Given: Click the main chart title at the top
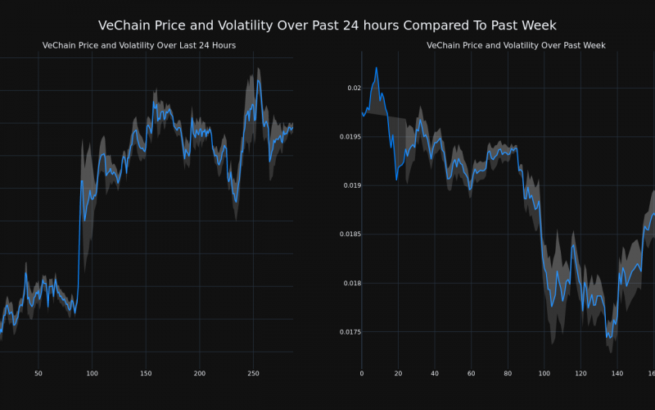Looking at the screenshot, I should (327, 25).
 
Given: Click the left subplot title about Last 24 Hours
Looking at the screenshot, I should (139, 45).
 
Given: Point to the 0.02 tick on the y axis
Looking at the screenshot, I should (353, 88).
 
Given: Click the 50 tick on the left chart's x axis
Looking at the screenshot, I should (38, 373).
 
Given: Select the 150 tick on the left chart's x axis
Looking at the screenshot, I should (146, 373).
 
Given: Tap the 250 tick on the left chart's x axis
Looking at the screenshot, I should (253, 373).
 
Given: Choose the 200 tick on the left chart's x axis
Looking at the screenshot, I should (200, 373).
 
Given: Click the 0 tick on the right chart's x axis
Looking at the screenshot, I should (362, 373).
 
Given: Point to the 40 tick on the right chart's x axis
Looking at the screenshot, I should (435, 373).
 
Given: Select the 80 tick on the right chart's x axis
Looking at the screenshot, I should (508, 373).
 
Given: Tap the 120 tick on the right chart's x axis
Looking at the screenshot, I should (580, 373).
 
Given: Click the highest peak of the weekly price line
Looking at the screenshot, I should (377, 68).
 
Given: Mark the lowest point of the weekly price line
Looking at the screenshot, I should (608, 337).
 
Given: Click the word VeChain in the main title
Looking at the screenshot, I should (124, 25).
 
